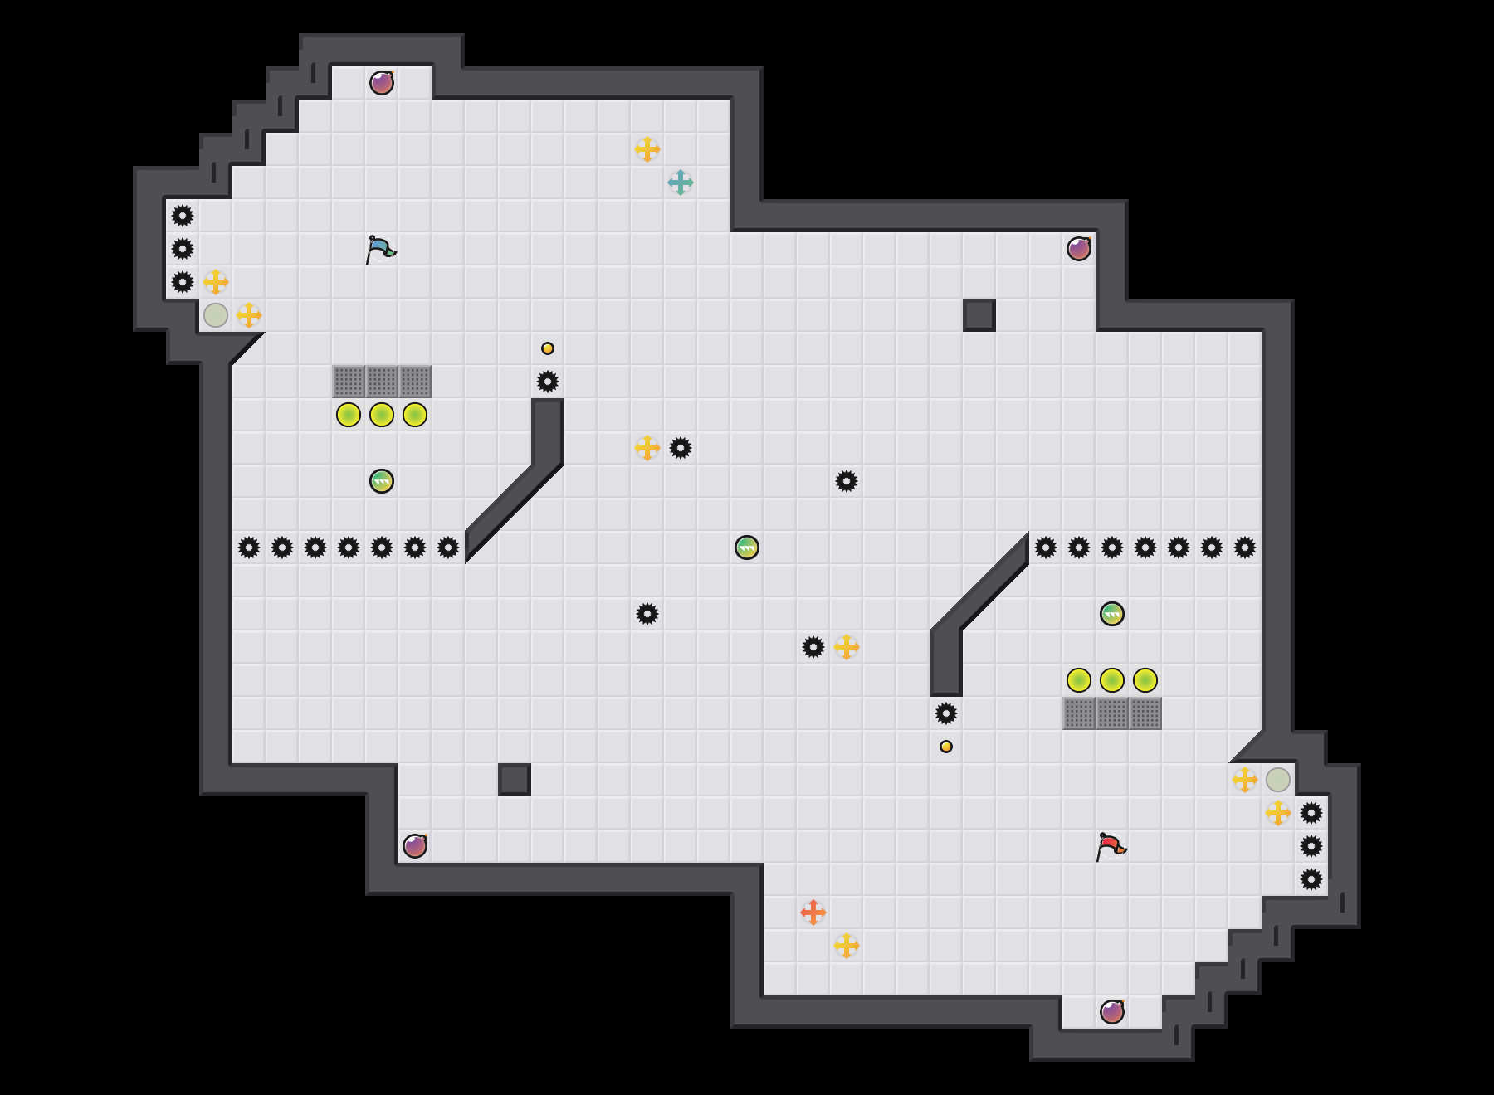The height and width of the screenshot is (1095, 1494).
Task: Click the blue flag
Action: point(380,249)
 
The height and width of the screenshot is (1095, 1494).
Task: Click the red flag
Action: point(1111,846)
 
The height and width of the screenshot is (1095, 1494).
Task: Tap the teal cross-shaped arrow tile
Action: point(681,182)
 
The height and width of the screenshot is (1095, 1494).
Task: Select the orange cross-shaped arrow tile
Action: point(813,912)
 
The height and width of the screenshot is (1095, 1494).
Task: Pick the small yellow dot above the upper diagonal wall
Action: point(548,348)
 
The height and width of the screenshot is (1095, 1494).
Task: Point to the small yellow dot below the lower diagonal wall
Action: point(946,747)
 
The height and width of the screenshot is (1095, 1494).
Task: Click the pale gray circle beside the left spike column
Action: point(216,315)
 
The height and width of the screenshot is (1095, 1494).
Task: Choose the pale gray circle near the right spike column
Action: point(1278,780)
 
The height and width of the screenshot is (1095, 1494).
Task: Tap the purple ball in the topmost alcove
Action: point(382,83)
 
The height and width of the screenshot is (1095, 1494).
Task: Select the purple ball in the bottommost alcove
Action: point(1112,1012)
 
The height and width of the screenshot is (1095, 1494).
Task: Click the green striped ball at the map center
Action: point(747,547)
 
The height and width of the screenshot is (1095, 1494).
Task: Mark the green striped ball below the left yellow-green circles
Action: point(382,481)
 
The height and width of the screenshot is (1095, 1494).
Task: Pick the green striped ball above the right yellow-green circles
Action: point(1112,614)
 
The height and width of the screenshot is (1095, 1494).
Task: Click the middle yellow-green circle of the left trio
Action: point(382,415)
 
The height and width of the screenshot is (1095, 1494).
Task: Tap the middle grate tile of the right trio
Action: point(1112,713)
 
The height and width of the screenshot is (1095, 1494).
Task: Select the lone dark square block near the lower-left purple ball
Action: point(515,780)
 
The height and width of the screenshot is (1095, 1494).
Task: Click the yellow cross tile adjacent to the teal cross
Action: point(647,149)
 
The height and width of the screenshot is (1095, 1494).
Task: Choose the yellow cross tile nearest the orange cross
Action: point(847,946)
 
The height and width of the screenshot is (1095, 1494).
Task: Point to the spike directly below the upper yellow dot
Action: point(548,382)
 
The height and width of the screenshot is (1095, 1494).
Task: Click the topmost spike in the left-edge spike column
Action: point(183,216)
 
